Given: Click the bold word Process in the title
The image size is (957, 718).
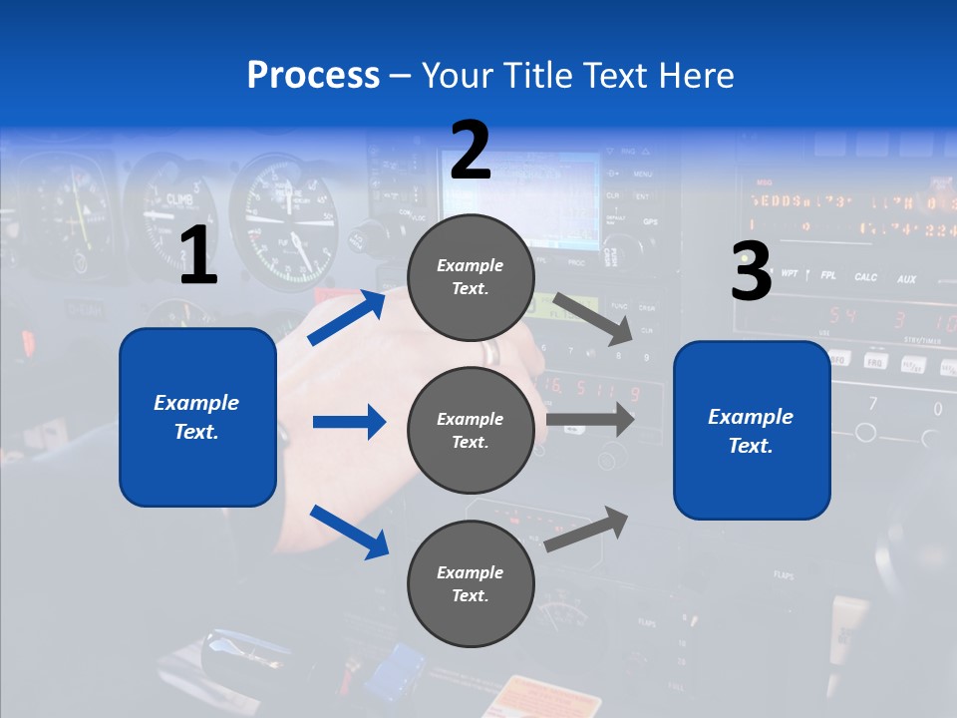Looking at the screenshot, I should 313,75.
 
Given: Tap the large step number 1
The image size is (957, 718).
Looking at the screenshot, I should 198,256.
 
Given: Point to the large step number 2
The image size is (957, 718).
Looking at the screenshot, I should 471,151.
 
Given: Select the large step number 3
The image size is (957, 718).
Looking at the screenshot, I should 751,271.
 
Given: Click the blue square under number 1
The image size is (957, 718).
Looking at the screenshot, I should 197,417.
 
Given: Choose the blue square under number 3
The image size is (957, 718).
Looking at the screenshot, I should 752,430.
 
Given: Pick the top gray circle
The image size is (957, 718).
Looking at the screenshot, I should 471,277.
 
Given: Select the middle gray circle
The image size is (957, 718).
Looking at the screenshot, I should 471,430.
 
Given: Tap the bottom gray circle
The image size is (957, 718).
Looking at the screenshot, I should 471,583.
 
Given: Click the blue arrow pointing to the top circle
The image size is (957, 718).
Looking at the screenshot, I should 346,318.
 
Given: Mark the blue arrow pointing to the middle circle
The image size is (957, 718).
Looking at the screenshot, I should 349,422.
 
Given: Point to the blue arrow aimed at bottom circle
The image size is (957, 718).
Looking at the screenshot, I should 349,532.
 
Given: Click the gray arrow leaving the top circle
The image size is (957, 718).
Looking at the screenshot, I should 592,316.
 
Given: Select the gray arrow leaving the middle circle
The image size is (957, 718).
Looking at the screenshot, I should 590,419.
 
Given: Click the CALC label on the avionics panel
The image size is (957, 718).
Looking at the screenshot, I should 865,277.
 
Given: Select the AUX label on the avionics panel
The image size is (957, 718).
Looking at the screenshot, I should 905,279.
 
